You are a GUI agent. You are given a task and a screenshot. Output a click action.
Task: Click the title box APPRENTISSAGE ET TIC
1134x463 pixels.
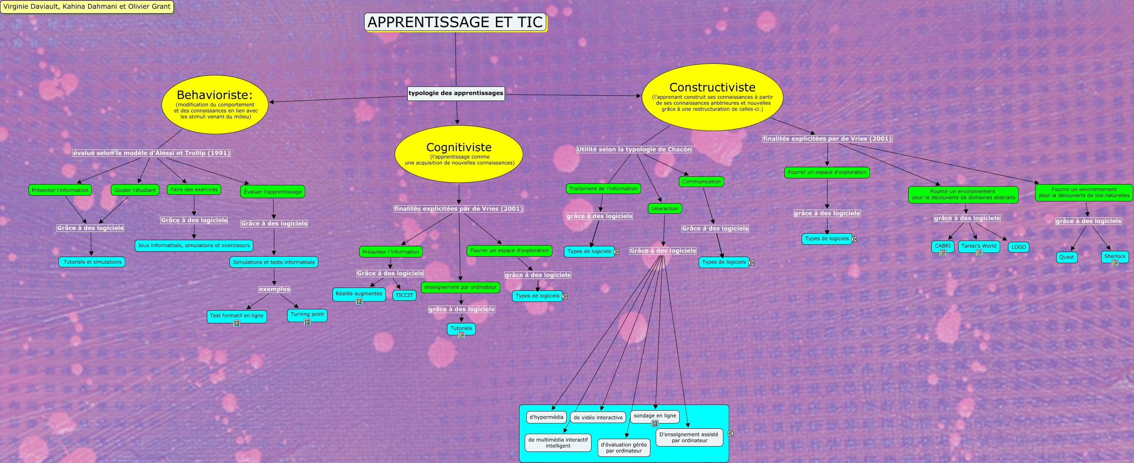pyautogui.click(x=455, y=22)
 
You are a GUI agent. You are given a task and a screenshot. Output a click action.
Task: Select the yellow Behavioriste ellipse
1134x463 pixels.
pyautogui.click(x=215, y=104)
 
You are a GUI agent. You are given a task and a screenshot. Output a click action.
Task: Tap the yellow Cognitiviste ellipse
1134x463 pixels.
pyautogui.click(x=459, y=154)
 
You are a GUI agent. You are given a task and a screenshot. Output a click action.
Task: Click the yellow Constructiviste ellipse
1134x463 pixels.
pyautogui.click(x=712, y=97)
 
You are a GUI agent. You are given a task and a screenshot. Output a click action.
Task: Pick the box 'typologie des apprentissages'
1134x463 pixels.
pyautogui.click(x=456, y=93)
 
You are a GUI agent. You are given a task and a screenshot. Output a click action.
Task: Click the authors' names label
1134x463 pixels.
pyautogui.click(x=87, y=7)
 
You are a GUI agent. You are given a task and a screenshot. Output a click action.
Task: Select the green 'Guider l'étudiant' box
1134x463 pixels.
pyautogui.click(x=135, y=190)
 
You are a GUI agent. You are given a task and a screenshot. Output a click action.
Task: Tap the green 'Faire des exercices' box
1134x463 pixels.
pyautogui.click(x=194, y=189)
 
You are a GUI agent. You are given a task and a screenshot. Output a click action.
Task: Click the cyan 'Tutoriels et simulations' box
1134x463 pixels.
pyautogui.click(x=92, y=262)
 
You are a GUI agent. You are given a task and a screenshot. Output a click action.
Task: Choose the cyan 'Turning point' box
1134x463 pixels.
pyautogui.click(x=307, y=314)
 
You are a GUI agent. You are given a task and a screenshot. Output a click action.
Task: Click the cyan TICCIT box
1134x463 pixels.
pyautogui.click(x=404, y=295)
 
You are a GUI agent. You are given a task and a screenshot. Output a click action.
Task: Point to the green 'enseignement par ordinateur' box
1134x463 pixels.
pyautogui.click(x=460, y=287)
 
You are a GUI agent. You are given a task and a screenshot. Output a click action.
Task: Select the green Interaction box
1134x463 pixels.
pyautogui.click(x=664, y=208)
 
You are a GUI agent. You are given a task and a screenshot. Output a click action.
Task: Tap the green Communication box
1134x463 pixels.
pyautogui.click(x=701, y=181)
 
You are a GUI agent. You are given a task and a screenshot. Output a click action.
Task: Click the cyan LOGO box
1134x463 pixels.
pyautogui.click(x=1018, y=247)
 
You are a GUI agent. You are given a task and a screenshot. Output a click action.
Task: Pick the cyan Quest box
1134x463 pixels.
pyautogui.click(x=1066, y=257)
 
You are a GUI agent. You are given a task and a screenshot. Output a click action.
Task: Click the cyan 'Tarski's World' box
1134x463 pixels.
pyautogui.click(x=978, y=246)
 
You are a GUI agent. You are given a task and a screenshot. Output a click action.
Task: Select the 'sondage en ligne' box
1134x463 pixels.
pyautogui.click(x=655, y=416)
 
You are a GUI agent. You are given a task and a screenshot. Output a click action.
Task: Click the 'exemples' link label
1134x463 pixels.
pyautogui.click(x=274, y=289)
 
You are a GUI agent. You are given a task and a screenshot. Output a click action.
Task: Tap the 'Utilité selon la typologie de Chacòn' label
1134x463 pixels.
pyautogui.click(x=634, y=149)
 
